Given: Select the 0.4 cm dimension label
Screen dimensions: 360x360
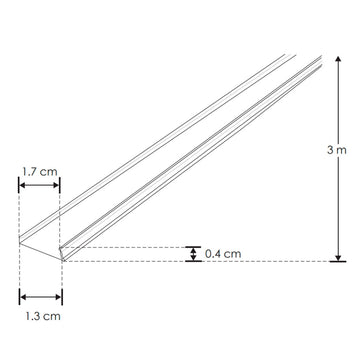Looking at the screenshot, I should pyautogui.click(x=223, y=254).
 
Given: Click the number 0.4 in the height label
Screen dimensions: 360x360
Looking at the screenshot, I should pyautogui.click(x=213, y=254).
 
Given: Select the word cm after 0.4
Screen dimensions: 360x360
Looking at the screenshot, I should pyautogui.click(x=234, y=254).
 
